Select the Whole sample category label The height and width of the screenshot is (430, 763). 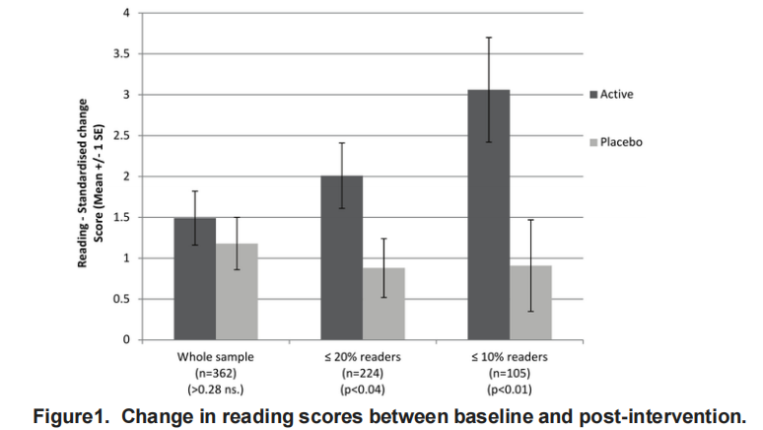215,357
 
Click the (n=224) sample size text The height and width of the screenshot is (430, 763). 362,374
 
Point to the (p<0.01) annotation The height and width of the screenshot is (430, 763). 509,390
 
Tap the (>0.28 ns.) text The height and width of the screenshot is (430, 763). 215,390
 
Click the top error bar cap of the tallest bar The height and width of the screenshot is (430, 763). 488,37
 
